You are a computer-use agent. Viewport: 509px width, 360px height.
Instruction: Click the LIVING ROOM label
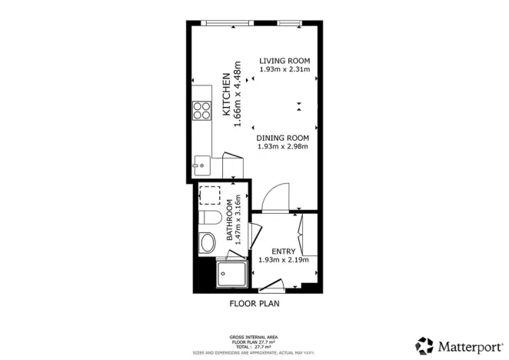(284, 61)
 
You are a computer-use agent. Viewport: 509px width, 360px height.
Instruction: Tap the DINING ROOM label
(282, 138)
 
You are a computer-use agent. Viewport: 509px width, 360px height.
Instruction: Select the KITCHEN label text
(226, 95)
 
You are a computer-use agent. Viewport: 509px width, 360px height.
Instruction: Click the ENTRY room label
(284, 251)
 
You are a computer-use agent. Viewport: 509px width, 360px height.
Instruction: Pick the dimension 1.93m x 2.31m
(284, 70)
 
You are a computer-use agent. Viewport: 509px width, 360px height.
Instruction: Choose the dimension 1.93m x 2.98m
(282, 147)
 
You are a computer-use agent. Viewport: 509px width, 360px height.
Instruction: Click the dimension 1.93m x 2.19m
(284, 260)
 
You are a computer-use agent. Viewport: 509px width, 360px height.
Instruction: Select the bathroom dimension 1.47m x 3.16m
(238, 223)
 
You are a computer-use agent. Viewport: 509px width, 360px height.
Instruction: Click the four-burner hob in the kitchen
(203, 111)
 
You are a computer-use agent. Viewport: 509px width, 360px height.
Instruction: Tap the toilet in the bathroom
(206, 218)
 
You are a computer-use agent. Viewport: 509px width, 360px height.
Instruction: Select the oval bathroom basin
(207, 245)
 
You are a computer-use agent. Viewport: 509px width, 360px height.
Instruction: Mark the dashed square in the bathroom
(210, 193)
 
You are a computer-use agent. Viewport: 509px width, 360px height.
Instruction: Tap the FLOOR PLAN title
(254, 303)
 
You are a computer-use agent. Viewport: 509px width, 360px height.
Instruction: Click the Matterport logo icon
(424, 345)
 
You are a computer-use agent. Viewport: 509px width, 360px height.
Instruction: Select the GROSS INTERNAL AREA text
(254, 337)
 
